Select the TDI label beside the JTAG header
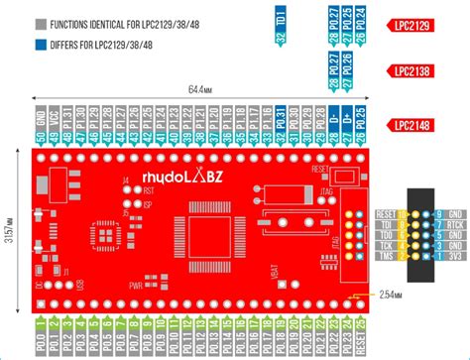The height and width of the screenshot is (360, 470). (x=387, y=225)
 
